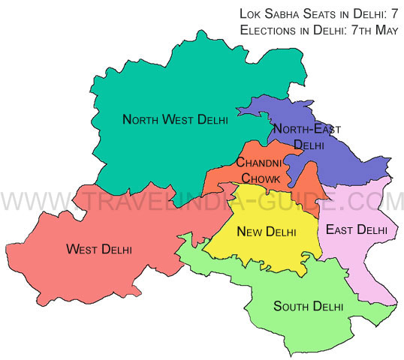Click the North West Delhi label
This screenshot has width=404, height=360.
[x=175, y=119]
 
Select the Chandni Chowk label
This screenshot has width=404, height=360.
[x=259, y=171]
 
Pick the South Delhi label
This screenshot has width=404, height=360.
[x=308, y=306]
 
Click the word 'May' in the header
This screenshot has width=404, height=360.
[x=384, y=30]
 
